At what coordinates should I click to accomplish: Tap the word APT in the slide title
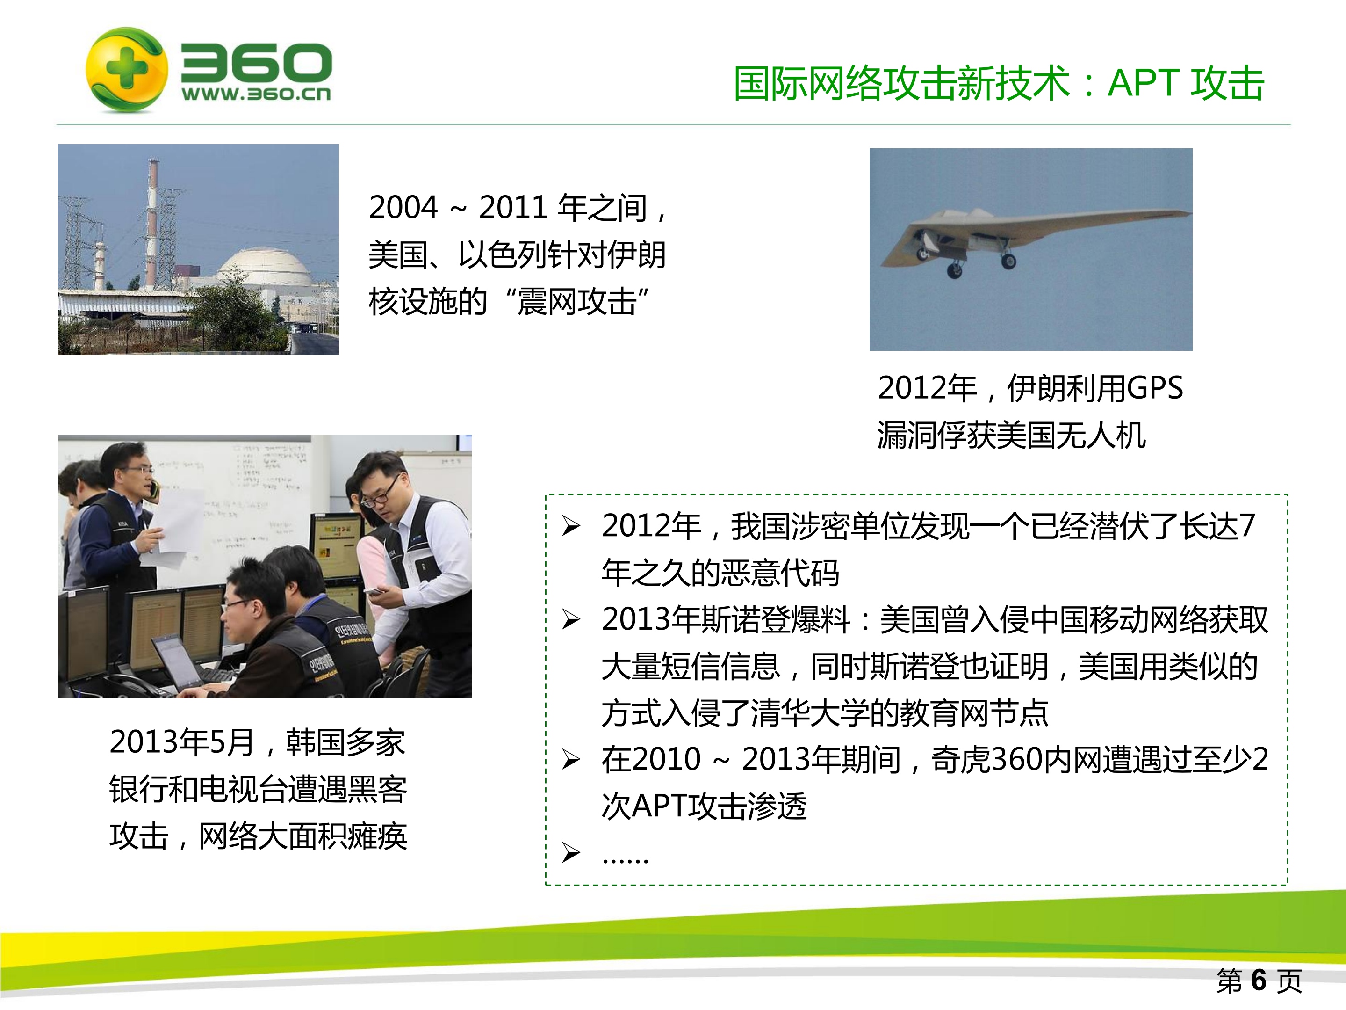pyautogui.click(x=1144, y=83)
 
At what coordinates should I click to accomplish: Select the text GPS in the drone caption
pyautogui.click(x=1154, y=388)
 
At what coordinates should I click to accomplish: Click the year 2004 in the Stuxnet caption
pyautogui.click(x=403, y=208)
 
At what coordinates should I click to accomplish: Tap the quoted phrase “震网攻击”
pyautogui.click(x=577, y=301)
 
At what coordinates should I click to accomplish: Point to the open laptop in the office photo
pyautogui.click(x=176, y=664)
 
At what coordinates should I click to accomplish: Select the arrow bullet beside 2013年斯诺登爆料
pyautogui.click(x=571, y=620)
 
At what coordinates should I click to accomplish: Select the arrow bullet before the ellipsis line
pyautogui.click(x=571, y=852)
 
